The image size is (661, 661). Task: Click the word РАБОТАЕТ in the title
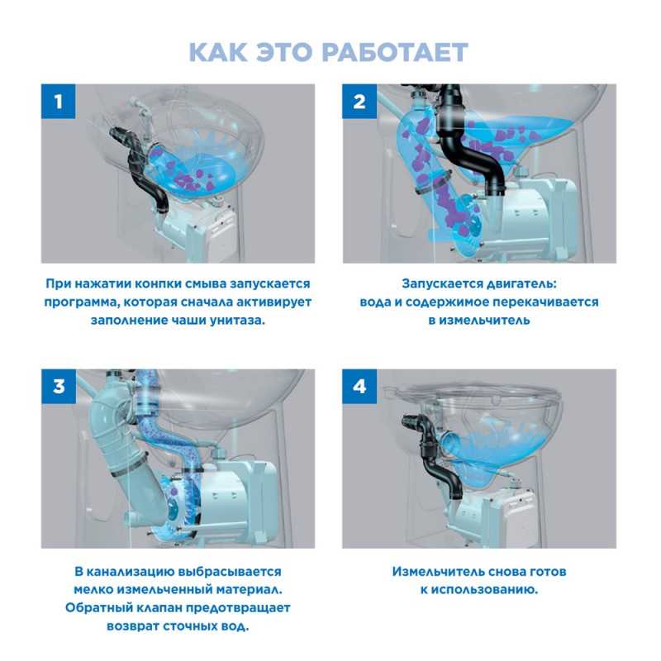click(x=395, y=52)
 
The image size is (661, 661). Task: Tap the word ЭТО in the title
click(x=283, y=52)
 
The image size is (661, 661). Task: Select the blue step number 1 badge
click(x=58, y=101)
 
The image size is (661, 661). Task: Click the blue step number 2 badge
click(x=359, y=101)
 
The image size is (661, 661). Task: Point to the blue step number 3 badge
click(x=58, y=387)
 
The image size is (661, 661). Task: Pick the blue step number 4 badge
click(x=359, y=387)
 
